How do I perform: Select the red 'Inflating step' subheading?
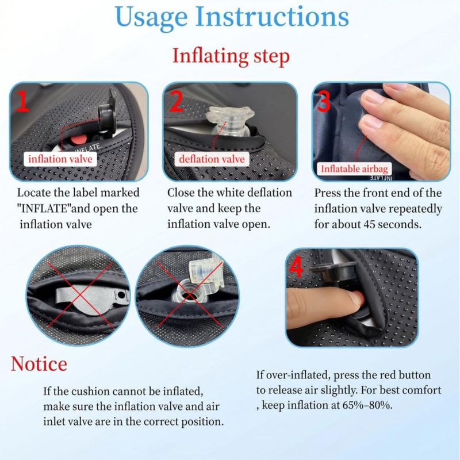coord(231,56)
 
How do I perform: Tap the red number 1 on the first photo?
coord(22,101)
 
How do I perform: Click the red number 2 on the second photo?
coord(177,101)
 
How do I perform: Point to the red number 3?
coord(324,101)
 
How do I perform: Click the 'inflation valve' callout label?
coord(60,159)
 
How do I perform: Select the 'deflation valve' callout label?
coord(212,159)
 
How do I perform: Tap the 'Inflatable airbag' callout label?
coord(354,168)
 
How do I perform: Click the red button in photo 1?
coord(78,140)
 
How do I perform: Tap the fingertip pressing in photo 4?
coord(356,299)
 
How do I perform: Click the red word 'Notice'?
coord(39,364)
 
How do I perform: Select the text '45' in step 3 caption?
coord(370,224)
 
